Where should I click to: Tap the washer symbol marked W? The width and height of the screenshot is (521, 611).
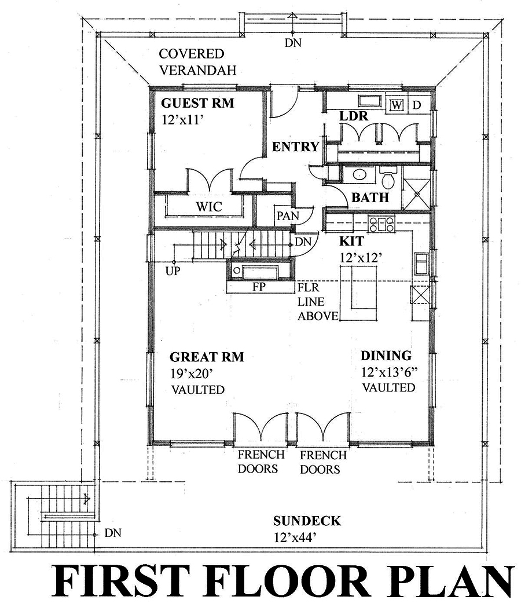click(x=397, y=105)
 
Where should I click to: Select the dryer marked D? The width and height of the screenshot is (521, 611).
click(x=416, y=105)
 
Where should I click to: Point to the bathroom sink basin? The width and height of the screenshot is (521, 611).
click(x=358, y=174)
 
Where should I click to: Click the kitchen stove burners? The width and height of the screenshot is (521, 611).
click(x=381, y=223)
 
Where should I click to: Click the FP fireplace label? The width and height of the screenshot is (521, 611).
click(x=259, y=287)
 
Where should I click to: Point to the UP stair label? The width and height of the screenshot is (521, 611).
click(x=172, y=270)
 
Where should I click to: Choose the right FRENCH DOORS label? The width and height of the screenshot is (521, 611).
click(x=324, y=462)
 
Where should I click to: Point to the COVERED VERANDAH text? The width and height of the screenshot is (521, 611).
click(x=192, y=62)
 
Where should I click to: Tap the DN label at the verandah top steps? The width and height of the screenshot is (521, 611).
click(x=293, y=42)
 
